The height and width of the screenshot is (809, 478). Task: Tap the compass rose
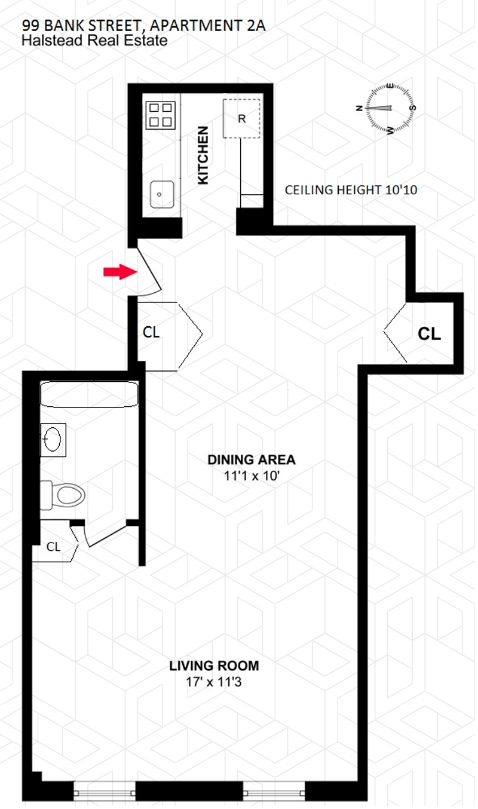click(x=390, y=109)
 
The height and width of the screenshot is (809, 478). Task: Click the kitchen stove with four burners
click(x=161, y=115)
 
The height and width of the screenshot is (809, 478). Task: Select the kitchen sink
click(x=161, y=195)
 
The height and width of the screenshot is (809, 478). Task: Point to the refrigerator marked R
click(x=242, y=118)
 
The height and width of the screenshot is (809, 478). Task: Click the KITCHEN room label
click(x=204, y=155)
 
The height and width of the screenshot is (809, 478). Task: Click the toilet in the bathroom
click(x=65, y=495)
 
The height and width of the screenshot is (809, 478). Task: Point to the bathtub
click(x=89, y=396)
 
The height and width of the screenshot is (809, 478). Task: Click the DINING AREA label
click(x=252, y=460)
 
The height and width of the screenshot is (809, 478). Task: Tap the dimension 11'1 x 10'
click(x=252, y=476)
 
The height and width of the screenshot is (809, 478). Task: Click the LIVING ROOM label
click(x=214, y=666)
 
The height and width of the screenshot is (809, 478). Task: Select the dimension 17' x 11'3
click(x=214, y=681)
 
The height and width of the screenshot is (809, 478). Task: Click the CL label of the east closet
click(x=429, y=333)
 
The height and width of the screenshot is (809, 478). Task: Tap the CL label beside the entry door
click(x=151, y=332)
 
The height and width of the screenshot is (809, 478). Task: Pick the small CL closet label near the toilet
click(x=54, y=546)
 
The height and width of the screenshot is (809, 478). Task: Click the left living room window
click(x=105, y=792)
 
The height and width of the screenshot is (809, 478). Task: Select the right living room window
click(x=275, y=792)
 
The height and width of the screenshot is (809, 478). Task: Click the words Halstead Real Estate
click(x=94, y=41)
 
